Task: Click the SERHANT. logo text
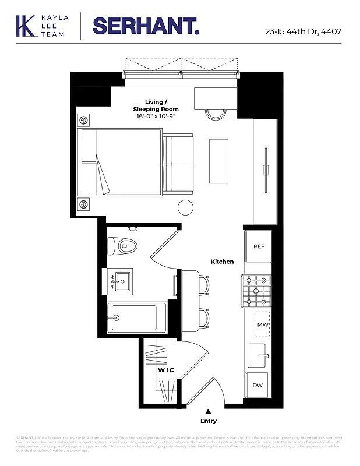(x=146, y=26)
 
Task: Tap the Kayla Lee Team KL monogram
(x=26, y=26)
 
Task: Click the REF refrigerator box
(x=259, y=246)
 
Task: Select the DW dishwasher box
(x=257, y=385)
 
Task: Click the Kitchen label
(x=223, y=262)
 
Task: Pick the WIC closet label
(x=166, y=370)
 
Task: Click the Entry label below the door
(x=208, y=421)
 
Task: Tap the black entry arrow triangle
(x=208, y=411)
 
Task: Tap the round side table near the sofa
(x=185, y=207)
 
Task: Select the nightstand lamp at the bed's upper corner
(x=84, y=120)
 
